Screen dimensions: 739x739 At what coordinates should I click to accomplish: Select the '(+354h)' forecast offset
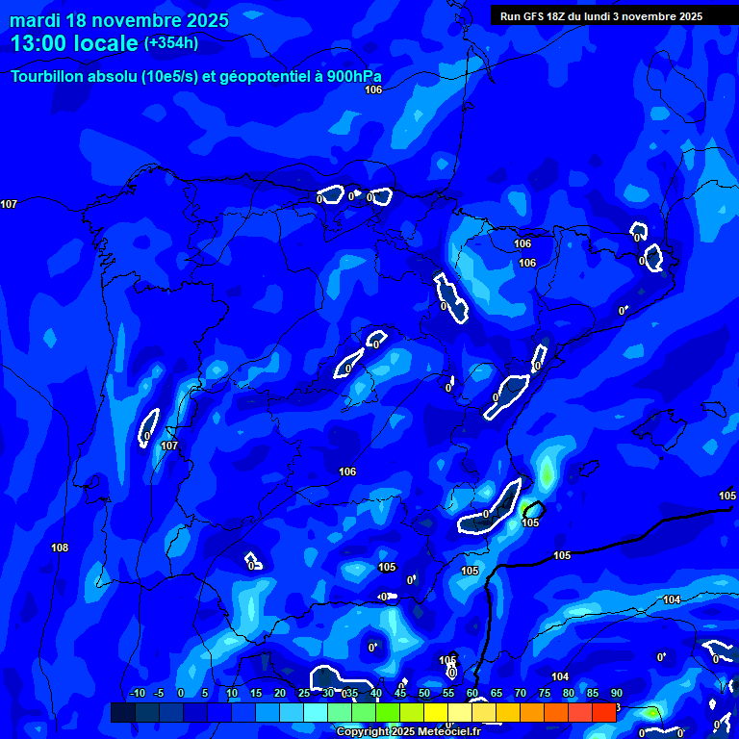point(171,43)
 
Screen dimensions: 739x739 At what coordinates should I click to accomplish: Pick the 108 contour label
point(60,548)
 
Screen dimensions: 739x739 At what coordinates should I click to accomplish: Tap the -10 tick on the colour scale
point(137,694)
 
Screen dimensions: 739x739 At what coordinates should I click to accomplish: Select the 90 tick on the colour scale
point(616,694)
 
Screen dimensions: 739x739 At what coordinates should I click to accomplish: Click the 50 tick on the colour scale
point(423,694)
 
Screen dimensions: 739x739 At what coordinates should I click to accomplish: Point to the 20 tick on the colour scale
point(279,694)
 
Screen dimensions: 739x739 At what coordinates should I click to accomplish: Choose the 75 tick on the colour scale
point(544,694)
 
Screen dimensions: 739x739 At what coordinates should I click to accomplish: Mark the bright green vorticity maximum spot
point(547,472)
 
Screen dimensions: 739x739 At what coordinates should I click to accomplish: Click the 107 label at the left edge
point(9,204)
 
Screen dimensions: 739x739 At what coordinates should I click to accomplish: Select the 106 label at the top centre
point(373,89)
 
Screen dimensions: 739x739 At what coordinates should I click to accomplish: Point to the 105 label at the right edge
point(727,496)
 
